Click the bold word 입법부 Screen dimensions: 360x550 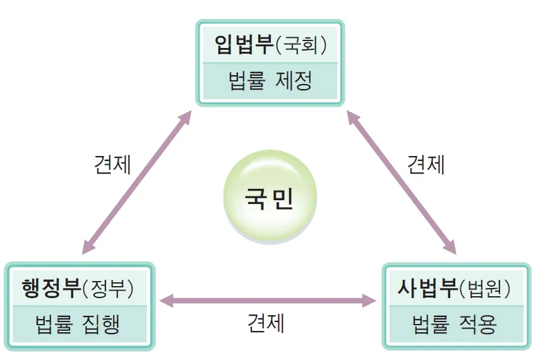pos(244,45)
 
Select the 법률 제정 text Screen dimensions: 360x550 pos(270,81)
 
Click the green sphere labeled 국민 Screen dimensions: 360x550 pos(270,197)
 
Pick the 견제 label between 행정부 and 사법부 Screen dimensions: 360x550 pos(266,323)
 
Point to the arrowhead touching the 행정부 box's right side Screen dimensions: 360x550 pos(167,301)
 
